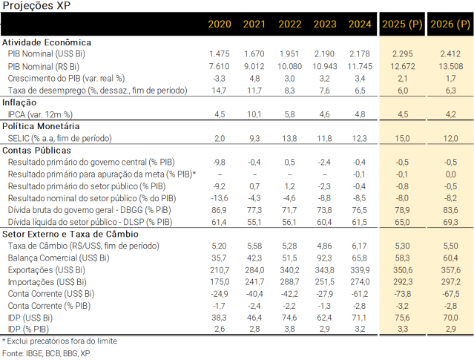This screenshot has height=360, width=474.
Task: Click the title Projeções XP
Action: (30, 6)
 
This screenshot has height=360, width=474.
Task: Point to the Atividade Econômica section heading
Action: (47, 43)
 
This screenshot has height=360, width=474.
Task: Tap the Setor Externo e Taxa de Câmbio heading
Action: (70, 234)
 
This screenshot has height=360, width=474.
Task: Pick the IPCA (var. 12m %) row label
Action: (42, 115)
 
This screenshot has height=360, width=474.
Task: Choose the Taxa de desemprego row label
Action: (97, 91)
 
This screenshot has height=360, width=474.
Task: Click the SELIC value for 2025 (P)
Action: (401, 139)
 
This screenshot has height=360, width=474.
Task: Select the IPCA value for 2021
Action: (254, 115)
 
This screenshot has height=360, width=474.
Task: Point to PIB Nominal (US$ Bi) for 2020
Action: (219, 54)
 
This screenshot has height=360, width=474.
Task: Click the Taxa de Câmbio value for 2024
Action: (360, 246)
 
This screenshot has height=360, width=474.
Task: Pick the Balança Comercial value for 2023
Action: (325, 258)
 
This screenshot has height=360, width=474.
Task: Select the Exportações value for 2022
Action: (289, 270)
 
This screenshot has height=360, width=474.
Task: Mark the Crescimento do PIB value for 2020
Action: (219, 79)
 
